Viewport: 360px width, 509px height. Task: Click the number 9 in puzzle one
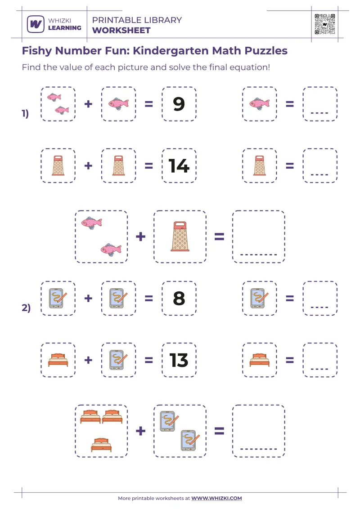click(x=179, y=104)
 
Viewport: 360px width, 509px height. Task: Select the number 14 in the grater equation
click(x=179, y=166)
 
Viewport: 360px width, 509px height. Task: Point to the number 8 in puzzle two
click(x=179, y=299)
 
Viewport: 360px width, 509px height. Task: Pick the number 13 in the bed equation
click(x=179, y=360)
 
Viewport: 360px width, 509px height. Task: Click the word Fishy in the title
click(x=37, y=50)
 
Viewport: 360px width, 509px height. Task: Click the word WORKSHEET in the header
click(x=121, y=31)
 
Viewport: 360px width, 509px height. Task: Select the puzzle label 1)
click(x=26, y=114)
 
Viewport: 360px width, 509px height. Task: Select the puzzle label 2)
click(x=26, y=308)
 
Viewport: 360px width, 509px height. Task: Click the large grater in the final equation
click(x=180, y=236)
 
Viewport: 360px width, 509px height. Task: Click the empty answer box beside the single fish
click(x=320, y=104)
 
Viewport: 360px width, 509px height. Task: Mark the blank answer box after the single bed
click(x=320, y=360)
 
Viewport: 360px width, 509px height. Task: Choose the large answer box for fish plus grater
click(x=259, y=236)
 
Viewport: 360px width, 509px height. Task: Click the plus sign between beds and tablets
click(x=140, y=431)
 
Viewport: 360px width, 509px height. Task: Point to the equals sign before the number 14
click(x=148, y=166)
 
